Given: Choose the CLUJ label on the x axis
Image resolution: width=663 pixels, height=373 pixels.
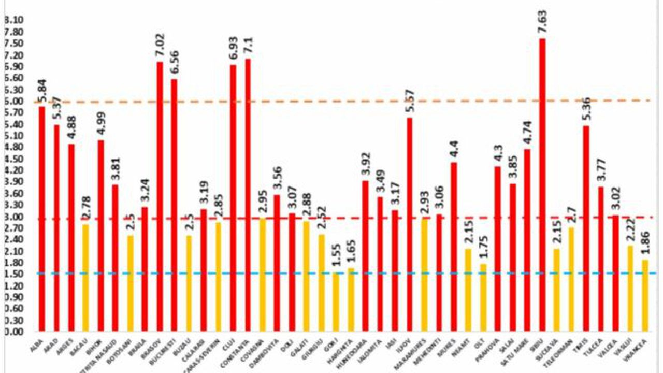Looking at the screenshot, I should pos(230,344).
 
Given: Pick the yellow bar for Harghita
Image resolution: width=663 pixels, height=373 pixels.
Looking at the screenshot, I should pos(351,300).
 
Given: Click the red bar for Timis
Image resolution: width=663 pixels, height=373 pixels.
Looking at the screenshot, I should pos(586,228).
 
